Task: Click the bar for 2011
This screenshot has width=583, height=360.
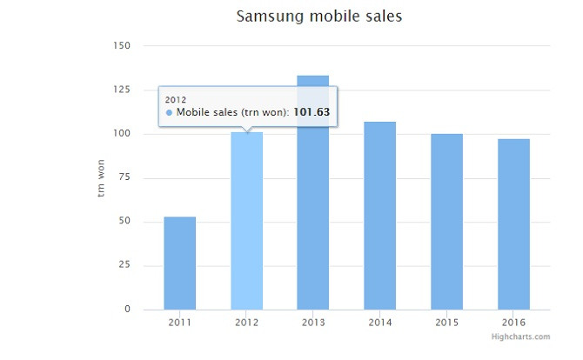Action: (179, 263)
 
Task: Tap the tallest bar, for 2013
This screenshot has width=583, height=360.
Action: (313, 217)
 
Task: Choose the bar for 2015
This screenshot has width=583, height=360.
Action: (446, 222)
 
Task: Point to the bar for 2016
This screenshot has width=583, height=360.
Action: (513, 223)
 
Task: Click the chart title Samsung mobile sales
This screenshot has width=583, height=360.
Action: (319, 17)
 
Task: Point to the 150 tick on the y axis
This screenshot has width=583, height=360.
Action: (121, 45)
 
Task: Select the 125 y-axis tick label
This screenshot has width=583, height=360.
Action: (121, 90)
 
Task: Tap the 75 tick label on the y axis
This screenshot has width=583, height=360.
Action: (124, 177)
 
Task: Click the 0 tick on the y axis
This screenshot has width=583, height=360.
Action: (127, 310)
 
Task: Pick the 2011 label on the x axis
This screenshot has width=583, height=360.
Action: (179, 323)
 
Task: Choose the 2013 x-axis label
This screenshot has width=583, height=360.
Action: (313, 323)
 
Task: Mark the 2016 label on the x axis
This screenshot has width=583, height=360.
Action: (513, 323)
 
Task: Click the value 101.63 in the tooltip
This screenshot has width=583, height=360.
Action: (312, 112)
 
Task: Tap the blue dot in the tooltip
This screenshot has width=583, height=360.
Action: (169, 113)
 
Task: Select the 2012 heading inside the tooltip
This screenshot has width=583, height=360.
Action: (176, 99)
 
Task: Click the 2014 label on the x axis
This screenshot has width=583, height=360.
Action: (379, 323)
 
